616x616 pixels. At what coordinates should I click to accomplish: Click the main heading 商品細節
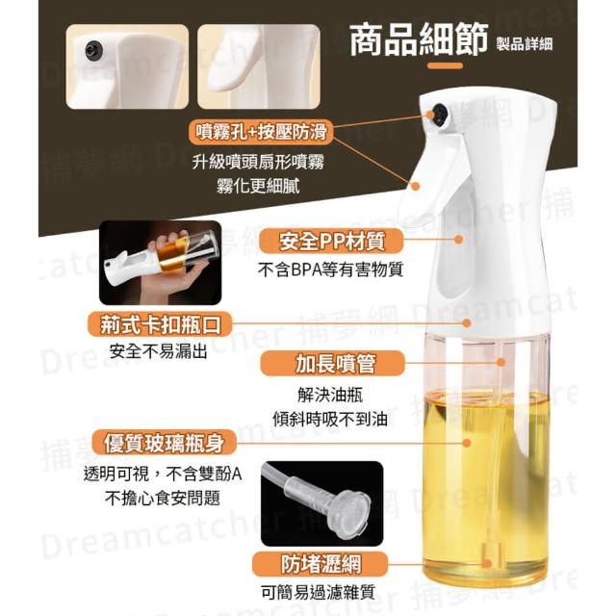tap(419, 39)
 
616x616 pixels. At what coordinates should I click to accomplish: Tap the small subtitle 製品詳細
tap(524, 43)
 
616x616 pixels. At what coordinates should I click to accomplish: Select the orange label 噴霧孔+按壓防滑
tap(261, 132)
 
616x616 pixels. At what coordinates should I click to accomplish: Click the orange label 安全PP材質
tap(331, 242)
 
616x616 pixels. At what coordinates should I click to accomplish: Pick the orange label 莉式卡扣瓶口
tap(160, 324)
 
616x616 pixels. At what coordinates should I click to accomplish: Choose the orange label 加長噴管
tap(332, 364)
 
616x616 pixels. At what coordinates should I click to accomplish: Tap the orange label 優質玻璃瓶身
tap(165, 443)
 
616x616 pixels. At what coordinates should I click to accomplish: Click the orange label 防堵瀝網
tap(321, 564)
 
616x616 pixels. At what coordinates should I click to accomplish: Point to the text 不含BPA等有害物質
tap(330, 270)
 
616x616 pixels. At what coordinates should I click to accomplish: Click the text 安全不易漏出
tap(158, 351)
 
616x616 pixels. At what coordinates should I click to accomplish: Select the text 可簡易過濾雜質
tap(319, 592)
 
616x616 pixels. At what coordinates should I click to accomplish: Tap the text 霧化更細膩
tap(258, 186)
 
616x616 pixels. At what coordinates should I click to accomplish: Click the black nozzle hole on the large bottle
tap(441, 115)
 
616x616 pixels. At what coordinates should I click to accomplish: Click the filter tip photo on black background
tap(321, 503)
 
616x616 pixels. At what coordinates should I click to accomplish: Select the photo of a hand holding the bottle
tap(161, 263)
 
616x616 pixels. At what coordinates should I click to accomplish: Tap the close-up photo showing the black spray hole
tap(127, 66)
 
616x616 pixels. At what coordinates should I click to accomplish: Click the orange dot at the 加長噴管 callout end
tap(500, 362)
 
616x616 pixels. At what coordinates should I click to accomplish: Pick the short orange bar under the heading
tap(445, 65)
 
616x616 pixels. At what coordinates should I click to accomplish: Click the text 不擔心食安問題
tap(163, 499)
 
